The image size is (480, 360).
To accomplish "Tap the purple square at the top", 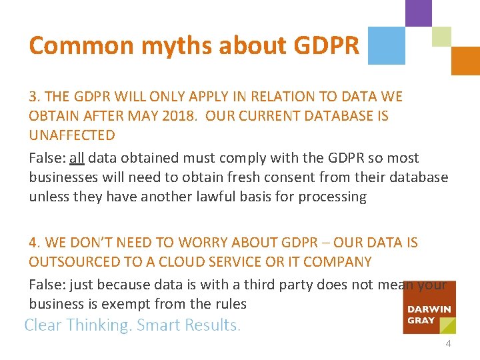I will coord(419,13).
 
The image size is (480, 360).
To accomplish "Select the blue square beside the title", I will coord(386,45).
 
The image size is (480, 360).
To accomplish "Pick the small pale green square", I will coord(441,36).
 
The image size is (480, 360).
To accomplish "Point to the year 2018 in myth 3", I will coord(181,116).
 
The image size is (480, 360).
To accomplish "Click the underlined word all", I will coord(77,158).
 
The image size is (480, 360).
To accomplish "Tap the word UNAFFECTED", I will coord(72,135).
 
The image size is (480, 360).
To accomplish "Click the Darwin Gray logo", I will coord(429,307).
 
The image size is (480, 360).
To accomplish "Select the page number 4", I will coord(448,344).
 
